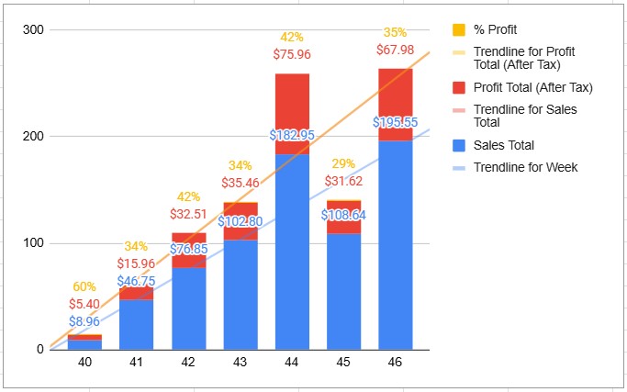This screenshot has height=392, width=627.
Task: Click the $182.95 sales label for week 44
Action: (x=292, y=135)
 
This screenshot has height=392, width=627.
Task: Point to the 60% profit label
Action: (x=84, y=287)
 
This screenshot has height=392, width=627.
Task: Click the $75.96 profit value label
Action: (x=292, y=54)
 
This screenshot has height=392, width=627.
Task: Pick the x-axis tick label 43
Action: (x=241, y=363)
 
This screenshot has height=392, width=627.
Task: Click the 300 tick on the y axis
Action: (x=34, y=30)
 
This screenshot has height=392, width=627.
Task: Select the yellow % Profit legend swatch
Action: (x=460, y=29)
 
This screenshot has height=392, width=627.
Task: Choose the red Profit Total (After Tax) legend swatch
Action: (x=460, y=87)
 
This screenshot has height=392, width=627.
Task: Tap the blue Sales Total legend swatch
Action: (x=460, y=144)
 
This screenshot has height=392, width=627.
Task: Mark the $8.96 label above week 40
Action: (x=84, y=322)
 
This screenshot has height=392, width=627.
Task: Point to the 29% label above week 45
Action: (x=344, y=163)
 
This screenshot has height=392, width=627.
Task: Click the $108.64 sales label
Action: (x=344, y=214)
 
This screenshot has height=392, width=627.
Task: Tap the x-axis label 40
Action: (x=84, y=363)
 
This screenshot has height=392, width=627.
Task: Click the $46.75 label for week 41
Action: (x=136, y=281)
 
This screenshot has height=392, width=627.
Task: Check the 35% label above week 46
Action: (x=396, y=32)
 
